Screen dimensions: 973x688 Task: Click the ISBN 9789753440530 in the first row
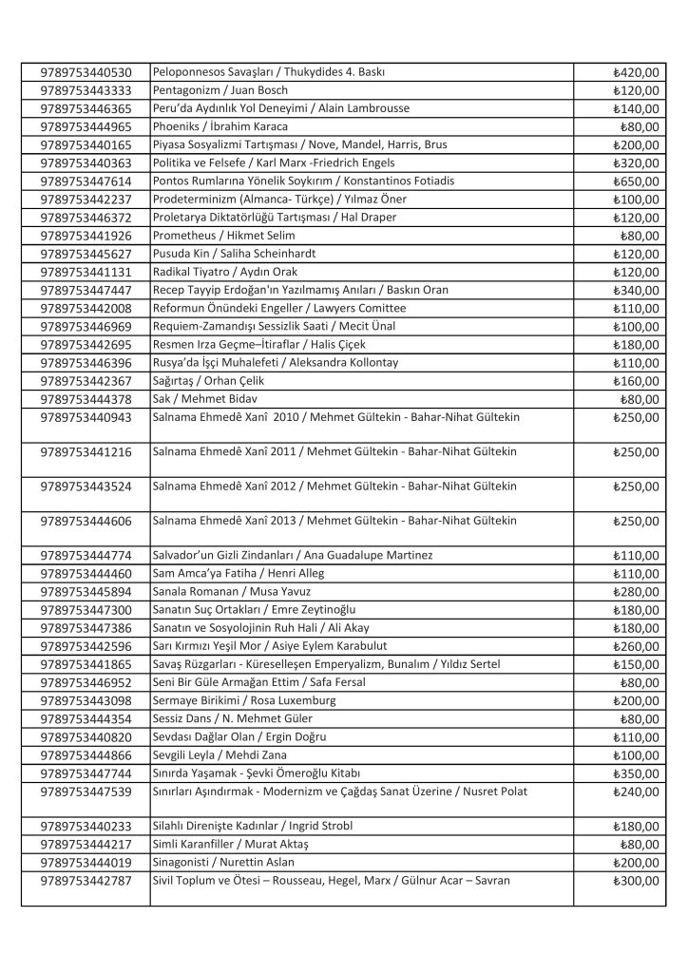[86, 72]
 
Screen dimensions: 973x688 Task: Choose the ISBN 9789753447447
[86, 290]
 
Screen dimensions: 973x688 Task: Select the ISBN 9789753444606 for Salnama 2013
[86, 522]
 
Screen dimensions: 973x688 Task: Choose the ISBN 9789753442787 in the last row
[86, 881]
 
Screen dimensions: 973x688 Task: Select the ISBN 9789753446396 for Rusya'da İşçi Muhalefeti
[86, 362]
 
